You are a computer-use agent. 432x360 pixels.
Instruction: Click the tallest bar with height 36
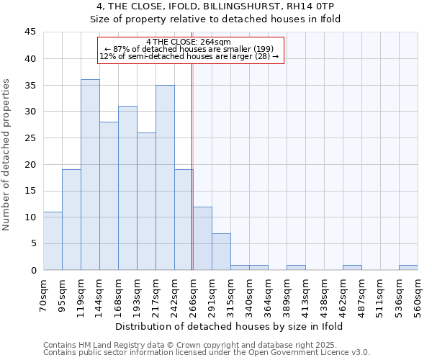click(x=90, y=175)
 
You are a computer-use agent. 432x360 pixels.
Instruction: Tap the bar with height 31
click(x=127, y=188)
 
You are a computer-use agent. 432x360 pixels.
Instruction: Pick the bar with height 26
click(x=146, y=202)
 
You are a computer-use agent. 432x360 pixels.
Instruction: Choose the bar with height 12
click(x=202, y=238)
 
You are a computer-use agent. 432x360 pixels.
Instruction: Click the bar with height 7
click(x=221, y=251)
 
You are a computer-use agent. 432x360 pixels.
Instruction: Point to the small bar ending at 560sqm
click(x=408, y=268)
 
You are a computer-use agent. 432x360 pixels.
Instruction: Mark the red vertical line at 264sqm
click(x=192, y=166)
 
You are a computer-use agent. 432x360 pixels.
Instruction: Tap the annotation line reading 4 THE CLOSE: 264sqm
click(x=188, y=42)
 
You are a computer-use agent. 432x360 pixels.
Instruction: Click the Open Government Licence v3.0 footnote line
click(x=207, y=352)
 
